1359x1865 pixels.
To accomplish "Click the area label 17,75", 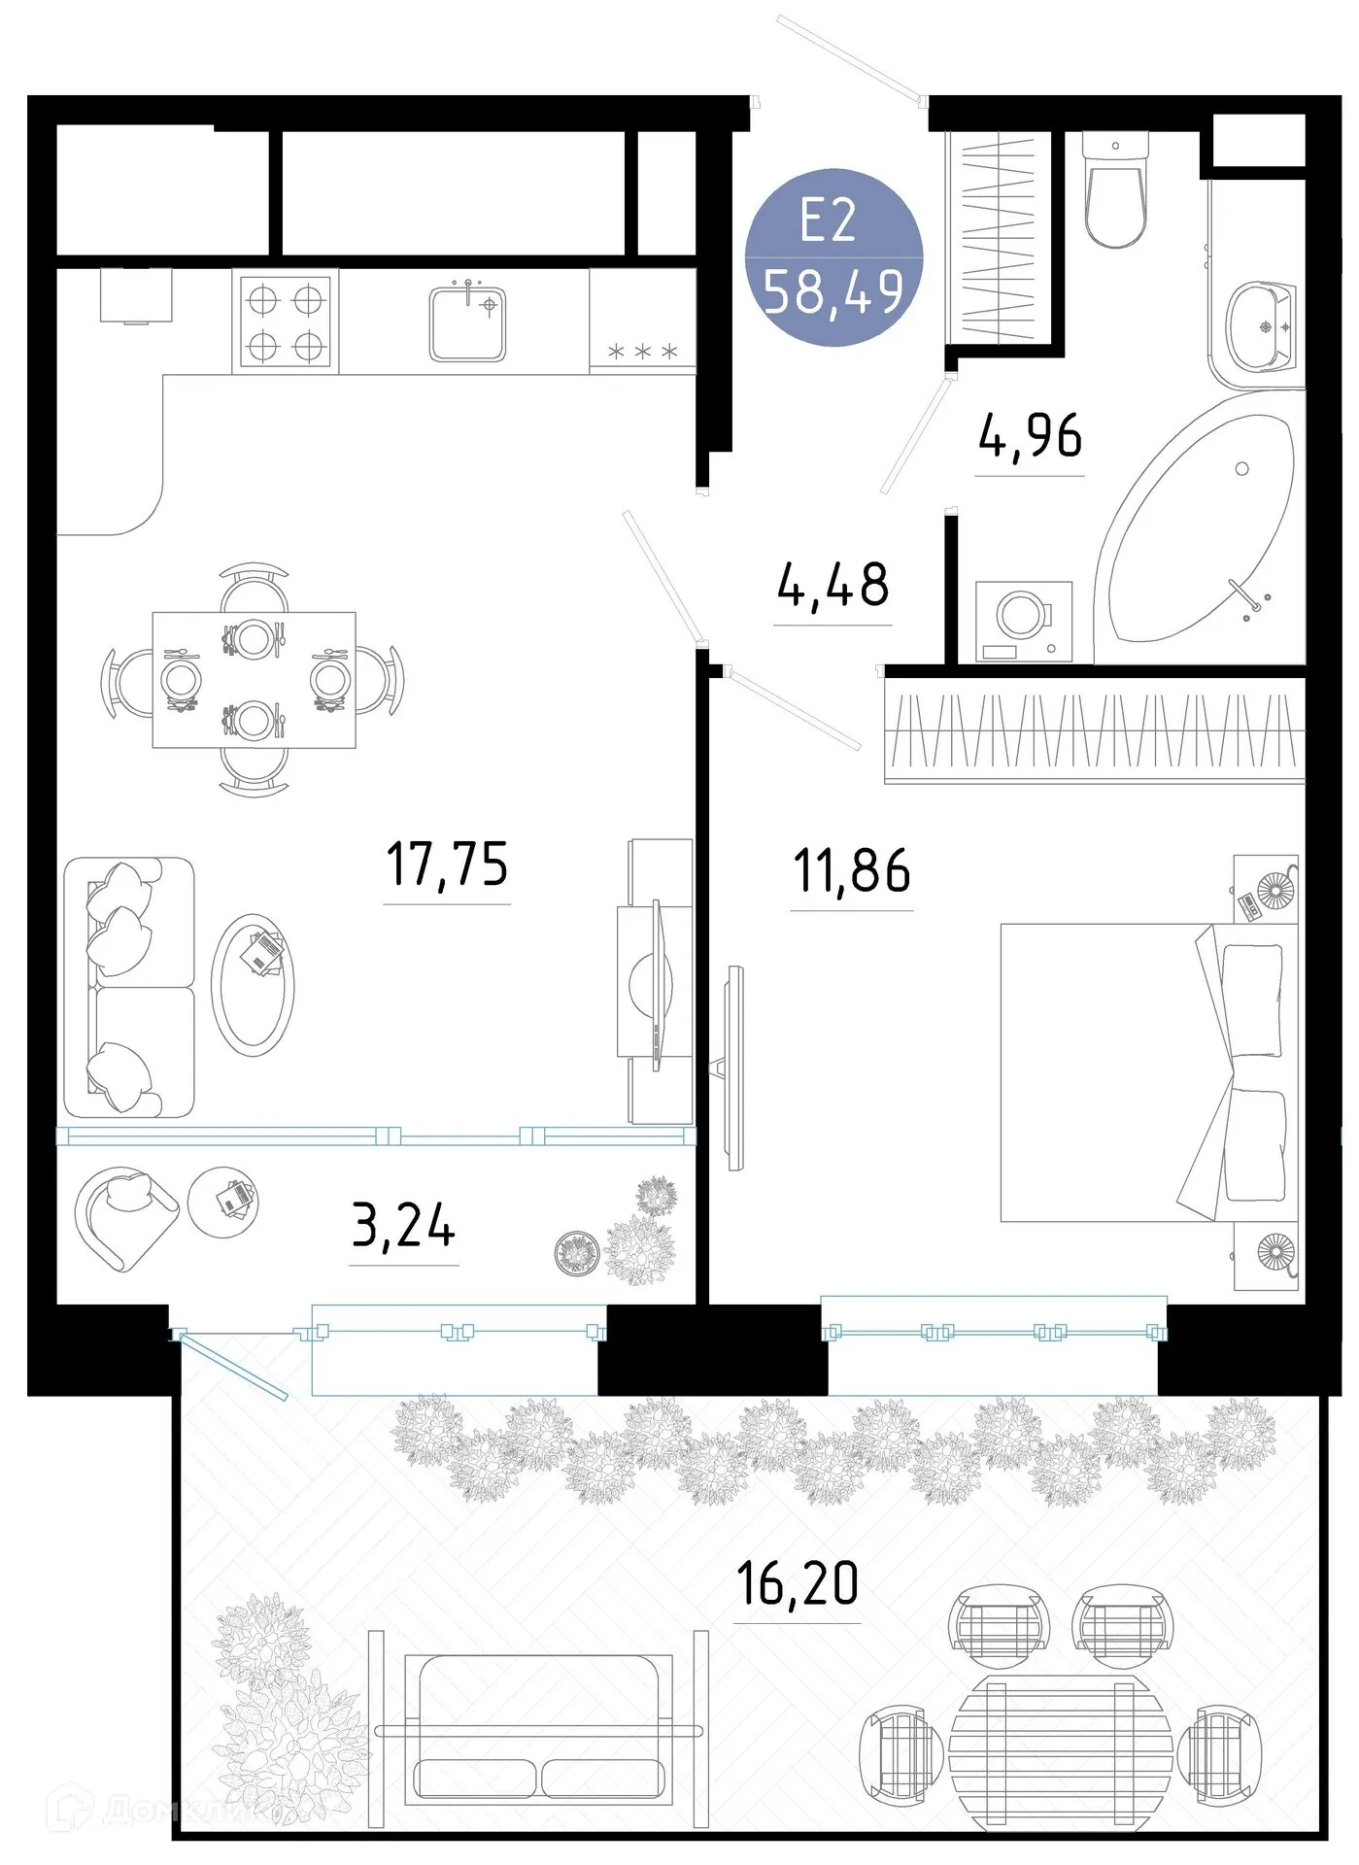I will (447, 864).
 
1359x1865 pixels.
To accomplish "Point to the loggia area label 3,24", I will (403, 1225).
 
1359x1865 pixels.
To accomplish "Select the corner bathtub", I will (1200, 529).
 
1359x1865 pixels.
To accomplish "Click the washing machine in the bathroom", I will (1024, 621).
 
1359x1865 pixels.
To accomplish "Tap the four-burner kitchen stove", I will (286, 322).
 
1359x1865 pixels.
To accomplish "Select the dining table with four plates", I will (254, 679).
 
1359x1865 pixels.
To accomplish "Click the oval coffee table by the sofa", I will (253, 985).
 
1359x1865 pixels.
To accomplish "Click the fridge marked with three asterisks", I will (642, 322).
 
